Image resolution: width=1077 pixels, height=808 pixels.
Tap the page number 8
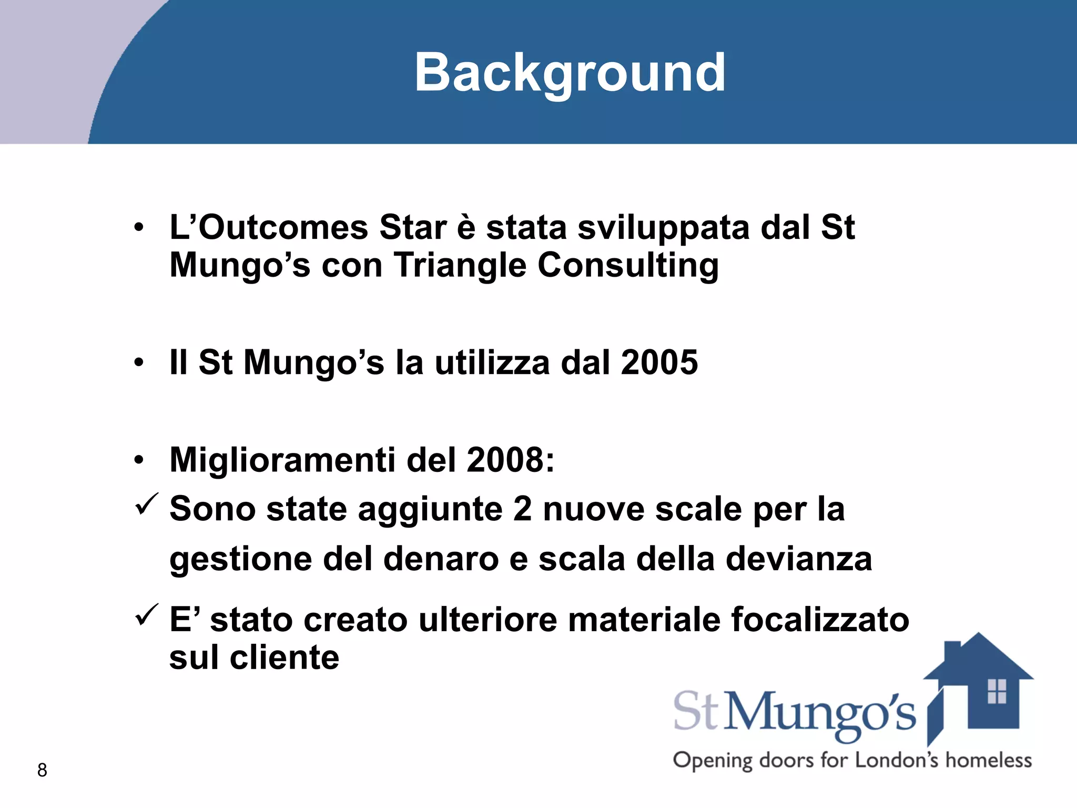(x=42, y=770)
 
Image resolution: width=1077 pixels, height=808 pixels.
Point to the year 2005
(x=659, y=362)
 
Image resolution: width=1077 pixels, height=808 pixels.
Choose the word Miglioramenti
(x=282, y=460)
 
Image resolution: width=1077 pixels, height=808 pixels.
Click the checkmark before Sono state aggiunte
(x=146, y=504)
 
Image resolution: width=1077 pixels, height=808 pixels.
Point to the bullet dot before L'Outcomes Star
(x=138, y=228)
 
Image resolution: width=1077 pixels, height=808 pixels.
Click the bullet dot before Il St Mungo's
(x=138, y=362)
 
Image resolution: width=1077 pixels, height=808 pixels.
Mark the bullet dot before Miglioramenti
(x=138, y=460)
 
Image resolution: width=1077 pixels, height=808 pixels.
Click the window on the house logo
(x=997, y=691)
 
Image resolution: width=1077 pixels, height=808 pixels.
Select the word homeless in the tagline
(x=989, y=761)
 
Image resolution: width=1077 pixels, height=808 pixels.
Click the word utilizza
(x=492, y=362)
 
